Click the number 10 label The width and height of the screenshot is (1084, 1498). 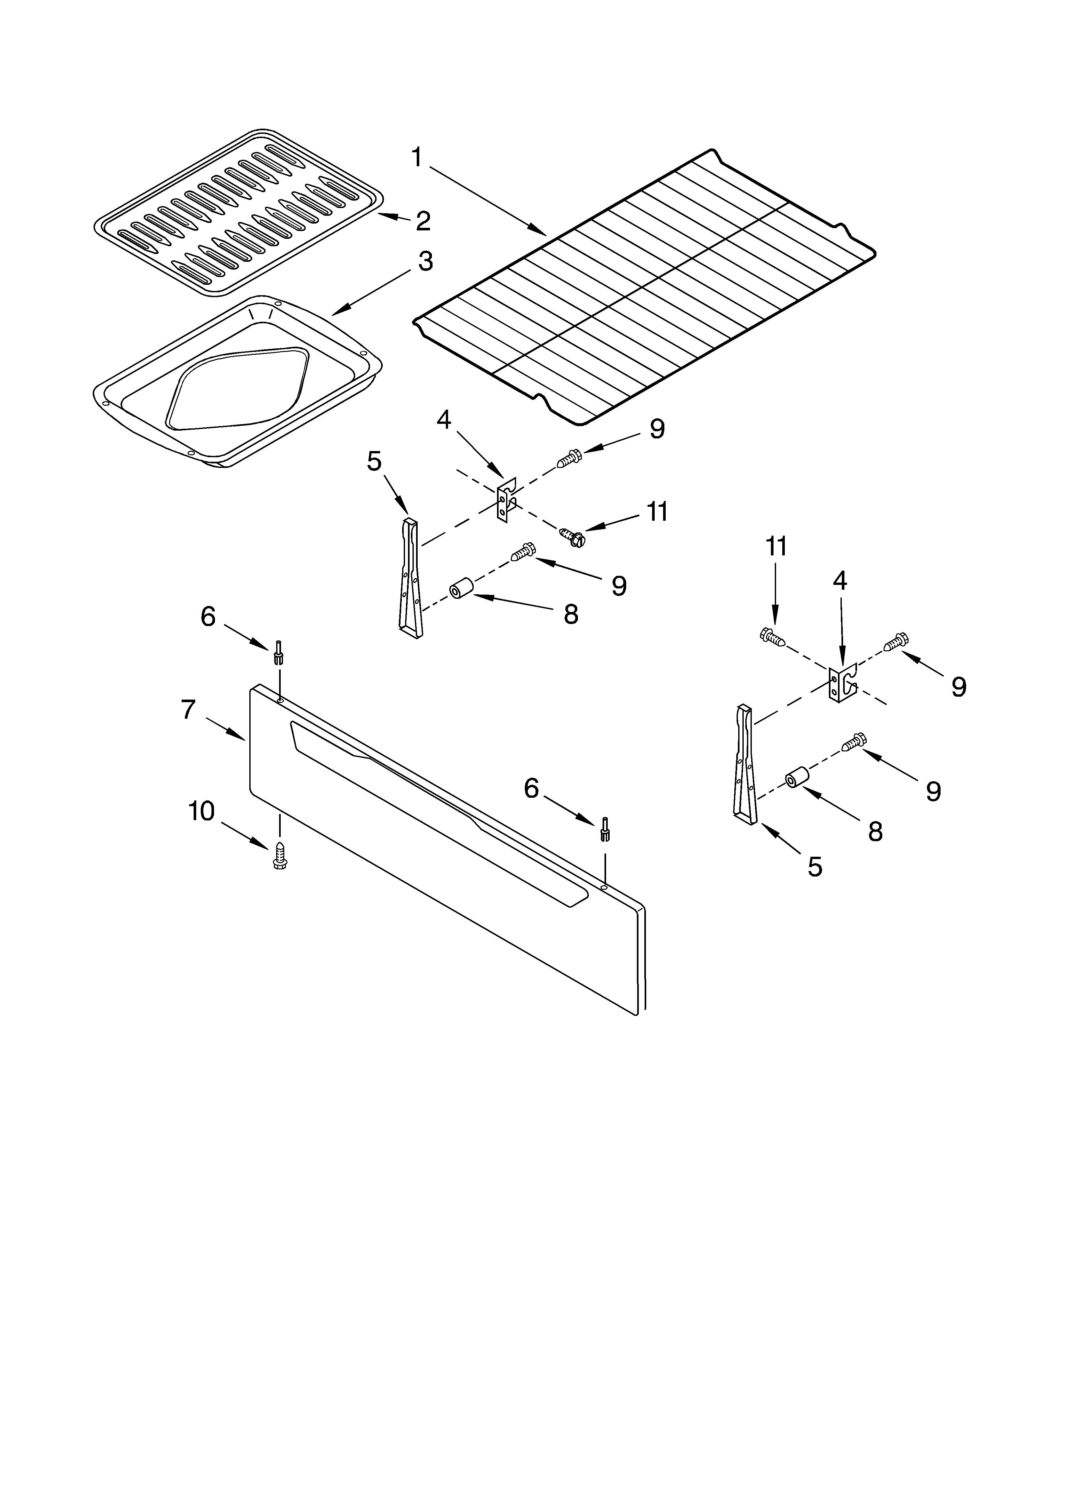tap(201, 812)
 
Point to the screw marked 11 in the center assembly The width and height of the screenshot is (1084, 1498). tap(572, 536)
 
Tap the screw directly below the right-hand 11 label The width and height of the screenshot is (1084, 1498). tap(773, 637)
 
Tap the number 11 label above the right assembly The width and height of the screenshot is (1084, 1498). tap(776, 547)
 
